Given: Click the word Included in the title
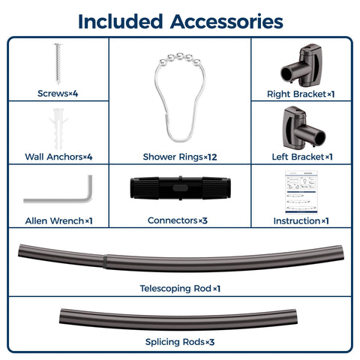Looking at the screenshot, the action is click(121, 22).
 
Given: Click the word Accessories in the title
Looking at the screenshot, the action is click(226, 22).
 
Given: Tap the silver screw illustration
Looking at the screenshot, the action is click(58, 64).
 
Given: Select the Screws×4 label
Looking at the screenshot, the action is click(58, 94).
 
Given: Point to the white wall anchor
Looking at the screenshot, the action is click(58, 129).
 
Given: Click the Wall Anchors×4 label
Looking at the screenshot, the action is click(58, 157).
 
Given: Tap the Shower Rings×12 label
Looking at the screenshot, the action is click(180, 157).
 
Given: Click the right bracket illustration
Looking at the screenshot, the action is click(301, 66).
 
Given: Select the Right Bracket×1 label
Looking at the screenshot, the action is click(301, 94).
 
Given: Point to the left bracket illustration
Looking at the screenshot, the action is click(304, 127).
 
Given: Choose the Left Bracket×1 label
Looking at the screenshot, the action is click(302, 157).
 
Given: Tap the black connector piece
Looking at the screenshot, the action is click(180, 188).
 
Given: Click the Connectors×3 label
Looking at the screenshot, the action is click(178, 220).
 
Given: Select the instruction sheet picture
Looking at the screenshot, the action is click(301, 192).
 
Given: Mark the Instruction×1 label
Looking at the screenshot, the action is click(301, 221).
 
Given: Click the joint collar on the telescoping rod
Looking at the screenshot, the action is click(105, 261).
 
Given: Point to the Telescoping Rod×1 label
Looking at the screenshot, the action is click(180, 289).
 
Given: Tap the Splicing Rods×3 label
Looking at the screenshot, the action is click(180, 342).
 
